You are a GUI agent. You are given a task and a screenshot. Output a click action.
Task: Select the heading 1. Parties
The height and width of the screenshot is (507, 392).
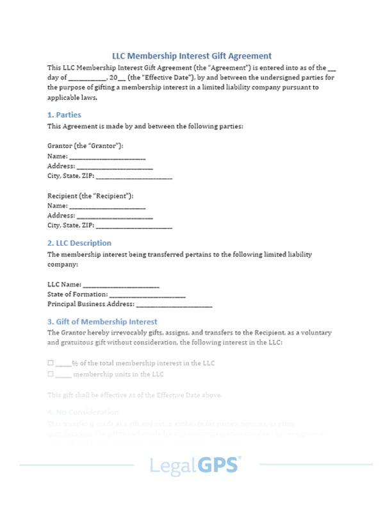(x=64, y=115)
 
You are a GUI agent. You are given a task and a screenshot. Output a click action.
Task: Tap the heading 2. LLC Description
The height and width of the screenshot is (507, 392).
(x=79, y=243)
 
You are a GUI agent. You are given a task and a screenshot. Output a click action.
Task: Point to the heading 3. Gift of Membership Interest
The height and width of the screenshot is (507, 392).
(x=102, y=321)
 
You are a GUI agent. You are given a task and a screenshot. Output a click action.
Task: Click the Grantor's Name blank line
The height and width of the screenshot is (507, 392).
(x=107, y=156)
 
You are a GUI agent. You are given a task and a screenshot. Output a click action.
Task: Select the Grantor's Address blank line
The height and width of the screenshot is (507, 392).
(x=115, y=166)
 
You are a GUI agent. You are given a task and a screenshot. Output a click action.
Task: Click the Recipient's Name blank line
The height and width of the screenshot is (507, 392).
(x=107, y=206)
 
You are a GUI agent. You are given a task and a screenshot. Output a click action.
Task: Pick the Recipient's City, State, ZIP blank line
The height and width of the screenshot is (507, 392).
(x=134, y=226)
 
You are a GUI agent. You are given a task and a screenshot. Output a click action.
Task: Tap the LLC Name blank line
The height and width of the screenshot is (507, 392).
(x=121, y=284)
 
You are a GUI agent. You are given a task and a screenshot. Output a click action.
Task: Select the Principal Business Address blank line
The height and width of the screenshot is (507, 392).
(x=174, y=305)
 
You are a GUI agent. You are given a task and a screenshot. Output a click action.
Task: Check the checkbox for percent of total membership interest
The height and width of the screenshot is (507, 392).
(x=51, y=363)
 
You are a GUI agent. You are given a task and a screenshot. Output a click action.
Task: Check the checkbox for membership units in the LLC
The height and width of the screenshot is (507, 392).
(x=51, y=374)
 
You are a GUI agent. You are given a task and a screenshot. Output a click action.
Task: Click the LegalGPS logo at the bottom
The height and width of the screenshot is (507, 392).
(x=195, y=465)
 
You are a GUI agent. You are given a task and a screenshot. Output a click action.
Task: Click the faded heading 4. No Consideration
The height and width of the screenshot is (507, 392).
(x=83, y=412)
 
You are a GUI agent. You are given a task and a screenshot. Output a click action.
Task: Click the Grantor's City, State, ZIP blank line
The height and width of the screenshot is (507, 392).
(x=134, y=176)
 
